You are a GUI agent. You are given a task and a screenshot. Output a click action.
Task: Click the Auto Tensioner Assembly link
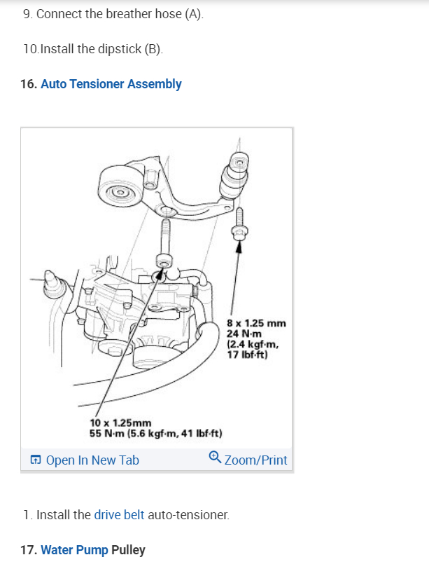111,84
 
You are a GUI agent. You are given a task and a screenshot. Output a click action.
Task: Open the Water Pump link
74,550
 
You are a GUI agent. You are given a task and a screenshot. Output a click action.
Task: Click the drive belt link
119,515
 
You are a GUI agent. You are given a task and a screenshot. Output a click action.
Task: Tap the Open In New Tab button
92,460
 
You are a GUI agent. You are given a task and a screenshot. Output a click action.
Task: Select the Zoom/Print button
255,460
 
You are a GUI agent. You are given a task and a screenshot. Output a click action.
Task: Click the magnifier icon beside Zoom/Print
215,459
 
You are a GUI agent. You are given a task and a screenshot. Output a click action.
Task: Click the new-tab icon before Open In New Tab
35,460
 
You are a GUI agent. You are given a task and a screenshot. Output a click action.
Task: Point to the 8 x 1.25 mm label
257,323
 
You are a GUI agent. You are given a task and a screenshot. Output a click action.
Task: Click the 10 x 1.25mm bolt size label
121,423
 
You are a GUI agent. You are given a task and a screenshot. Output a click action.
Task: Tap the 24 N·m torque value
242,334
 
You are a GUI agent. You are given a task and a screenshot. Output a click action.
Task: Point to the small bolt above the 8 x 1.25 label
240,225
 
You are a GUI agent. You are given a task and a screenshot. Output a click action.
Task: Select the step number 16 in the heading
29,84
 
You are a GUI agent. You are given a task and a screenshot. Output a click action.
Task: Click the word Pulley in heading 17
128,550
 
